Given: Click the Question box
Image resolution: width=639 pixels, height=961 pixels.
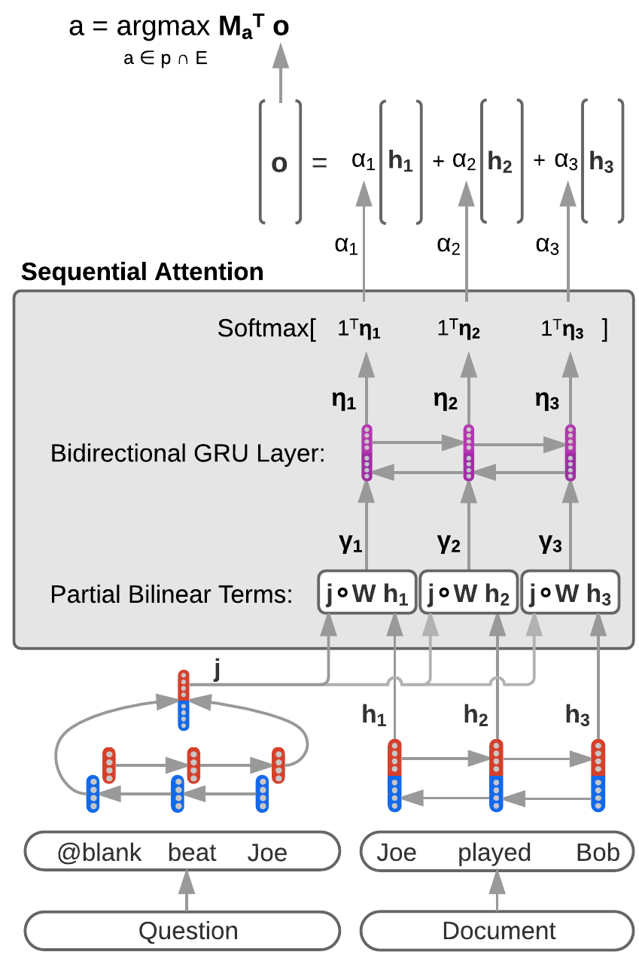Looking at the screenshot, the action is (x=182, y=930).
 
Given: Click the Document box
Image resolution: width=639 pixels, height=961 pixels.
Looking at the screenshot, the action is (x=497, y=930).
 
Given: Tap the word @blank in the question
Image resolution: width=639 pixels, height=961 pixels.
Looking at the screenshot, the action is (x=99, y=852).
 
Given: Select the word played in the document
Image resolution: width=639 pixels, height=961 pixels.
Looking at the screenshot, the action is (x=494, y=853).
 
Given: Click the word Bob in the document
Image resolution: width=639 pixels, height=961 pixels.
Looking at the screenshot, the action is (x=598, y=852).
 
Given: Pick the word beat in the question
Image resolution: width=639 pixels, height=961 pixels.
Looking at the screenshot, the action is (x=192, y=852).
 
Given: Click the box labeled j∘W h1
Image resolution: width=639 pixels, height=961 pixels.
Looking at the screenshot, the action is (x=367, y=592).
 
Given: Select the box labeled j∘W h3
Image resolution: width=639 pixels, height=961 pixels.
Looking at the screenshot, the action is (x=570, y=592).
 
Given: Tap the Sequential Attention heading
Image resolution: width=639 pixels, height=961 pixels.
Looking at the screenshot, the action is (x=142, y=272).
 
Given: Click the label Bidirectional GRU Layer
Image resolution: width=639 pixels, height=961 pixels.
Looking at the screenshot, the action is (x=187, y=453).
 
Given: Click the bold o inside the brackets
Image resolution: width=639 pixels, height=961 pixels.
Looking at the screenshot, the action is (x=279, y=163).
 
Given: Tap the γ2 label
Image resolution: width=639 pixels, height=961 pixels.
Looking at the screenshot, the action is (x=449, y=543).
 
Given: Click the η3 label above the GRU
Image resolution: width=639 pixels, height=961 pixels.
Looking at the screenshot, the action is (x=546, y=400).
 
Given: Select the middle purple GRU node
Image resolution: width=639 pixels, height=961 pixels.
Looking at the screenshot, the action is (x=469, y=452).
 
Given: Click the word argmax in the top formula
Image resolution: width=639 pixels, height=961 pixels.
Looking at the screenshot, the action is (x=163, y=27).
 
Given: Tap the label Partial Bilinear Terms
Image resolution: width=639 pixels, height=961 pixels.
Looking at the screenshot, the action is (x=172, y=595).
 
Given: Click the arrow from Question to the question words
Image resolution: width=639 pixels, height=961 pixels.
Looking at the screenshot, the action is (x=187, y=890).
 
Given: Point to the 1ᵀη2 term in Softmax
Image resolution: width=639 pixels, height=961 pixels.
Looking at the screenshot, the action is (x=458, y=329).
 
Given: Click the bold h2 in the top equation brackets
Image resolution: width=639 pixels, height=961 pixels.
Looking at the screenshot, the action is (x=500, y=162).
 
